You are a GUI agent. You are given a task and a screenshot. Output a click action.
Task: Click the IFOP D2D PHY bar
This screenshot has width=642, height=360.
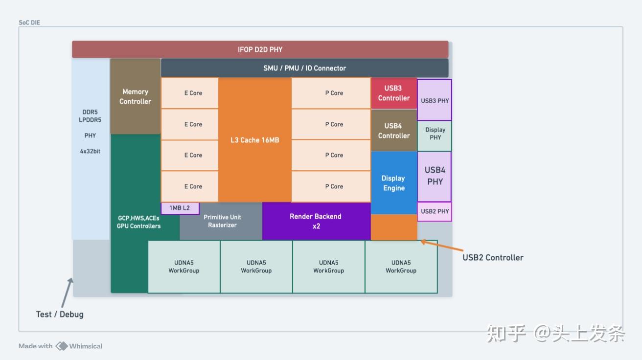pos(260,49)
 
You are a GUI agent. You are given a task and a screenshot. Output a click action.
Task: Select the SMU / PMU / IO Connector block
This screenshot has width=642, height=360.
pos(304,68)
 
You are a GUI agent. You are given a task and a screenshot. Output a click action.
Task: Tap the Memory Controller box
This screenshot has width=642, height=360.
pos(136,96)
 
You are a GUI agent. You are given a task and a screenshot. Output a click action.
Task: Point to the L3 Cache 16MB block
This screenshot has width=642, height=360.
pos(255,140)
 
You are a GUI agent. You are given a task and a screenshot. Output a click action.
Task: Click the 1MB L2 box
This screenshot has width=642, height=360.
pos(180,208)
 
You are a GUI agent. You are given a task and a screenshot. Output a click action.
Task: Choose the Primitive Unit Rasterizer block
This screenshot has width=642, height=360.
pos(222,221)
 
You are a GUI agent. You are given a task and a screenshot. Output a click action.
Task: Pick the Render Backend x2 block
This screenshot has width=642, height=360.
pos(316,221)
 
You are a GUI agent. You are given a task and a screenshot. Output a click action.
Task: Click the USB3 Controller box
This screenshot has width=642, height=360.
pos(393,93)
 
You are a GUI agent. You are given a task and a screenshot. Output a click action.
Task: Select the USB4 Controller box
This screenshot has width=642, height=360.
pos(393,131)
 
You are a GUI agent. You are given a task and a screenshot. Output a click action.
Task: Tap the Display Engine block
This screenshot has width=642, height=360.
pos(393,183)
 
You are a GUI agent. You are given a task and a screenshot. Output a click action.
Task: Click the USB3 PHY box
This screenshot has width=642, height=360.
pos(435,100)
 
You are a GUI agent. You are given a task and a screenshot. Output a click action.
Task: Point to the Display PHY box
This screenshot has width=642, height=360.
pos(435,134)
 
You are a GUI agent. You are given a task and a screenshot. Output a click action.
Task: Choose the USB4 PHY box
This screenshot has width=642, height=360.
pos(435,176)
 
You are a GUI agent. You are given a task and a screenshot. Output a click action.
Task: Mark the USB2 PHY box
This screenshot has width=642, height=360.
pos(435,211)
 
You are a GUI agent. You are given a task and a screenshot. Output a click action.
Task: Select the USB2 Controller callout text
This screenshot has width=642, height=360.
pos(493,257)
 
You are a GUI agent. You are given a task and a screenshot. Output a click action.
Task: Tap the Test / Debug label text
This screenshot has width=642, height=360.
pos(60,314)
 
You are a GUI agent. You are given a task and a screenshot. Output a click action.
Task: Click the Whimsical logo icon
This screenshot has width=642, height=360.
pos(62,346)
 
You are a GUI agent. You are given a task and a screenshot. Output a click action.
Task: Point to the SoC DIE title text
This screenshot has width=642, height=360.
pos(29,22)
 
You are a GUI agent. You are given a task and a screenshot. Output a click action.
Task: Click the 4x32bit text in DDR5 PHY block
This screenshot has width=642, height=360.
pos(90,151)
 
